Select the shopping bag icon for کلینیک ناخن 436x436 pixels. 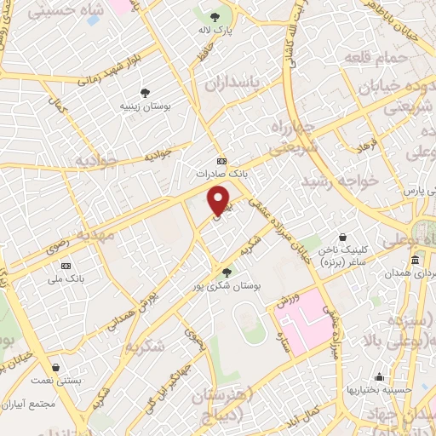341,237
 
